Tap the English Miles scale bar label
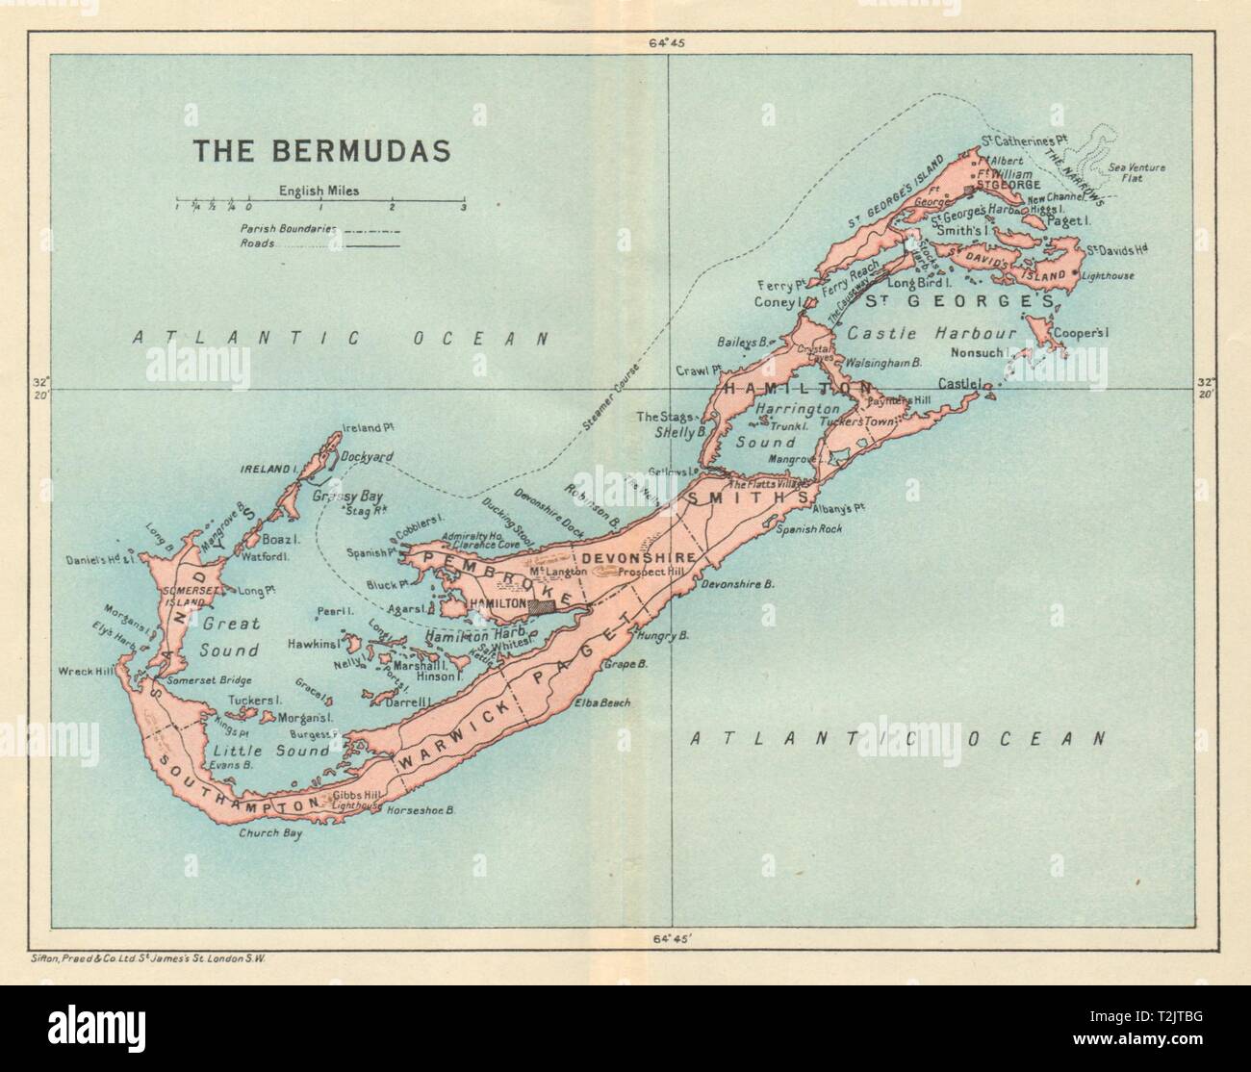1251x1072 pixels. point(319,191)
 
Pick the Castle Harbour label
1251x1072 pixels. point(932,333)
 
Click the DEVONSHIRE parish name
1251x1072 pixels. point(625,557)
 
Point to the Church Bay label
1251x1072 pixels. point(270,834)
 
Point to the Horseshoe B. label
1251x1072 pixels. point(420,810)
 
